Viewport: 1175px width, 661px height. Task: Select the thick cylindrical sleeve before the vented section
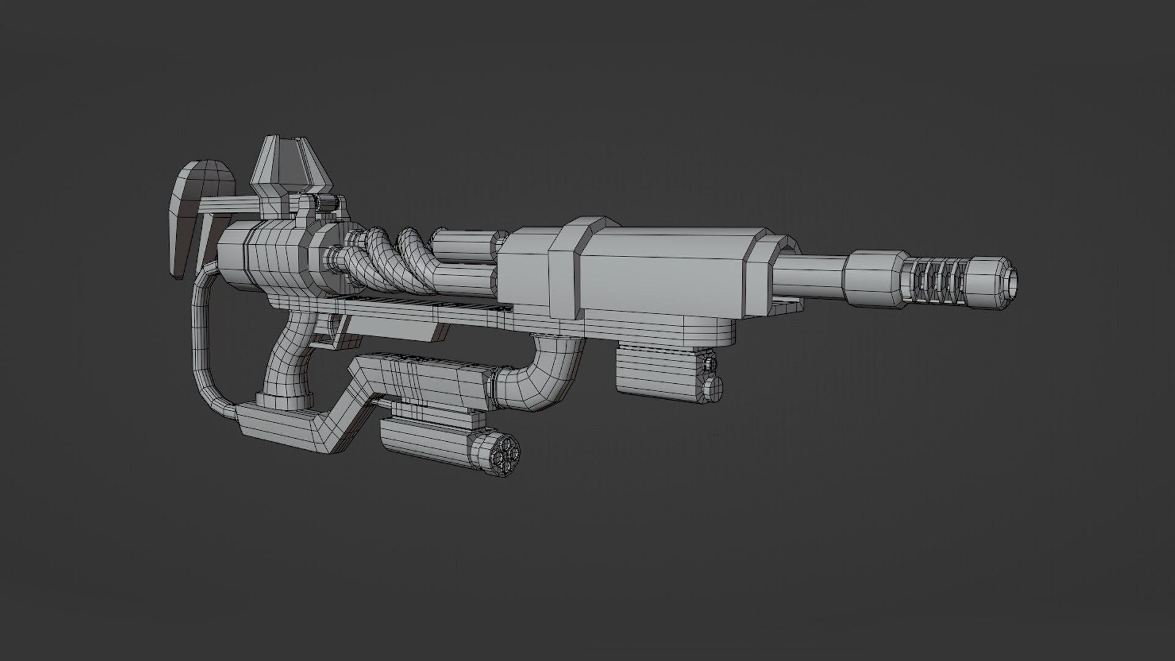[874, 279]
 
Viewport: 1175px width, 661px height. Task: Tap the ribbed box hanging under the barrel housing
[661, 373]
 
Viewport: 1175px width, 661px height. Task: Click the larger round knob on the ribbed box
[714, 388]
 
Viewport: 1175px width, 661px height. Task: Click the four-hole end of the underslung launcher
[504, 454]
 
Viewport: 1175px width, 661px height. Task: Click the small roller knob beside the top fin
[331, 203]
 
